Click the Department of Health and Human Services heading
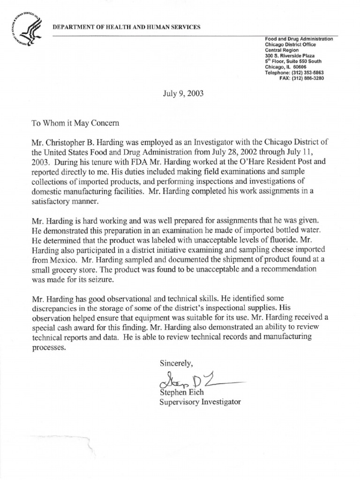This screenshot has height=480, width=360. tap(126, 27)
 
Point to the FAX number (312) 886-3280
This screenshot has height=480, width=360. tap(308, 78)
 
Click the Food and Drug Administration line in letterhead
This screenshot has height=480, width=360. tap(299, 39)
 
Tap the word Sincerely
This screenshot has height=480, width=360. tap(176, 363)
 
